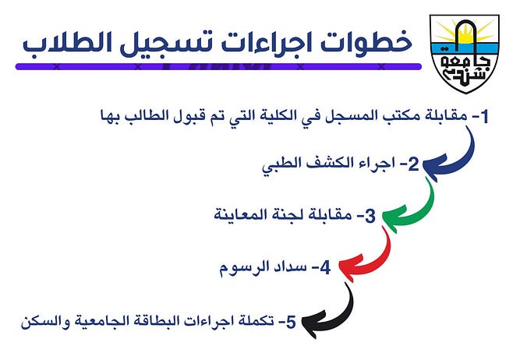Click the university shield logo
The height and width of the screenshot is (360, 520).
point(465,54)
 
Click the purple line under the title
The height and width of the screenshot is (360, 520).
point(218,67)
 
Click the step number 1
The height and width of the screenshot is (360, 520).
point(484,117)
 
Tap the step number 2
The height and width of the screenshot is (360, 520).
point(413,164)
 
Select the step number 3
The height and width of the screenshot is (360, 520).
point(370,216)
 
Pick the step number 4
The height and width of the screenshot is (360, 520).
point(326,268)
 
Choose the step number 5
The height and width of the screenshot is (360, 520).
point(291,323)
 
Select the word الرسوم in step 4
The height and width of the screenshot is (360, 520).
point(237,267)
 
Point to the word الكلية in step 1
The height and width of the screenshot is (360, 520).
point(271,116)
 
